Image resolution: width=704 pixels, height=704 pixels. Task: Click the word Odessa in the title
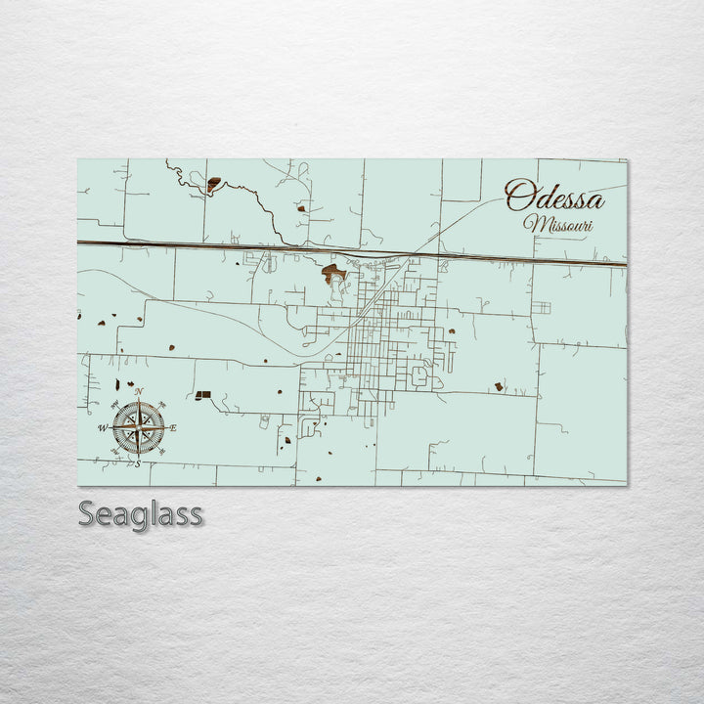(x=554, y=198)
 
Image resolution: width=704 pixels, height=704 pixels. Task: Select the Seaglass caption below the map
(x=140, y=513)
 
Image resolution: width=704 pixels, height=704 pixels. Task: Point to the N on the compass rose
(x=138, y=393)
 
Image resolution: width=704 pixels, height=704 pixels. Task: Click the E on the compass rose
(x=174, y=428)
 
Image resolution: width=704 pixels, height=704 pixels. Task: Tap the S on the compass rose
(x=138, y=463)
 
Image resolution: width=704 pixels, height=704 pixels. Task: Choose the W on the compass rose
(x=102, y=428)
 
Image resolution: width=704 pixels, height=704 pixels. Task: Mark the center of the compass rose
(x=138, y=428)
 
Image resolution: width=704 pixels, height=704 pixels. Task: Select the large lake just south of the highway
(x=333, y=273)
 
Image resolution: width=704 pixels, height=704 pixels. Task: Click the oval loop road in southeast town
(x=420, y=375)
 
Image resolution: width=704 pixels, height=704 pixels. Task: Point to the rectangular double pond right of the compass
(x=202, y=395)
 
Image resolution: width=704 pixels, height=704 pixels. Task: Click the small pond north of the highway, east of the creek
(x=302, y=208)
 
